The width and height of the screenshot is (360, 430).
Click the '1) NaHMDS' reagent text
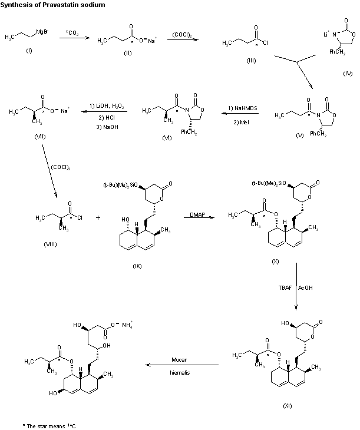241,107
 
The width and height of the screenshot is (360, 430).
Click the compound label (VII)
23,136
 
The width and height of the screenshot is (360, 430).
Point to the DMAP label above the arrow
198,214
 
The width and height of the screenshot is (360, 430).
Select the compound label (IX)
137,266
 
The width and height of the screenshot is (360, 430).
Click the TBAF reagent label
285,288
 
